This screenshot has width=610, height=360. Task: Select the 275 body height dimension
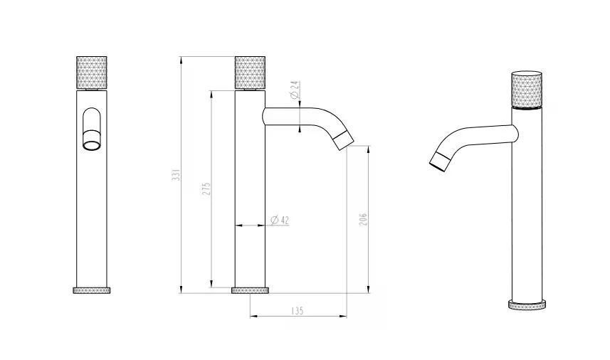[x=206, y=189]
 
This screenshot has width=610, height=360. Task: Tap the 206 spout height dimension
[x=363, y=220]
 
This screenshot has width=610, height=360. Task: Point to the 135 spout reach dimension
[x=297, y=311]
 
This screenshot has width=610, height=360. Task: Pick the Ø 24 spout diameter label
[x=295, y=90]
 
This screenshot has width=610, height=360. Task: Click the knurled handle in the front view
[x=91, y=73]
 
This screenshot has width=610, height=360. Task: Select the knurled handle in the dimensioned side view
[x=250, y=73]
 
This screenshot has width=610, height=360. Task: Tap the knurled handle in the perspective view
[x=527, y=89]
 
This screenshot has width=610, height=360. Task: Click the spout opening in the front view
[x=92, y=145]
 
